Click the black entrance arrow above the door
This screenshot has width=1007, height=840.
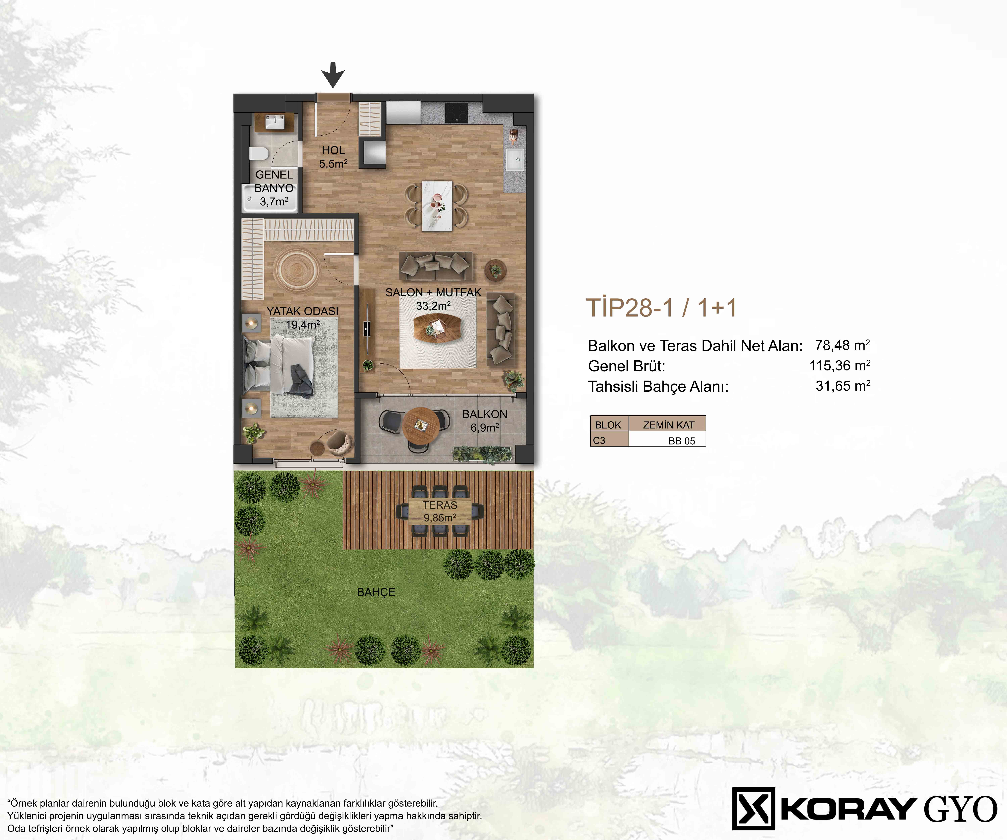(333, 74)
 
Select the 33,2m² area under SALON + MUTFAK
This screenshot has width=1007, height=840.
(433, 306)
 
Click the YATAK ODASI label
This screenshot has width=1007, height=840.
(303, 311)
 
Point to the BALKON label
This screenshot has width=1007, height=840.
(484, 414)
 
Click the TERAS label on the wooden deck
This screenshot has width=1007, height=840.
(440, 505)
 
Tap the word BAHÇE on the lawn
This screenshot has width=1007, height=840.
(376, 592)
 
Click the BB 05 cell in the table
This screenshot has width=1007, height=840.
(681, 441)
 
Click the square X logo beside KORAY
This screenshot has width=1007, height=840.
(753, 809)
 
